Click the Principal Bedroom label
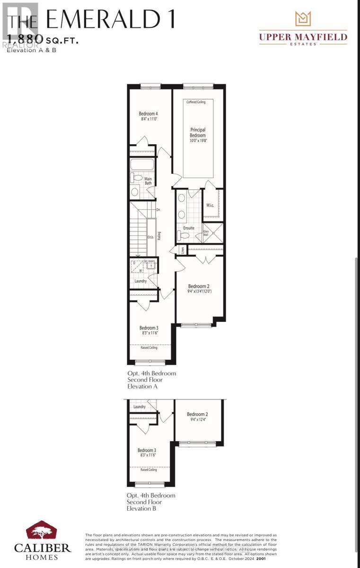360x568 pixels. coord(198,133)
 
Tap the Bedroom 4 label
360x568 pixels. coord(148,114)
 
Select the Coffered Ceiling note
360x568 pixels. coord(196,102)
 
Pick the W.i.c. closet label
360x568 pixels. coord(211,205)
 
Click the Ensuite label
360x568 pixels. coord(189,228)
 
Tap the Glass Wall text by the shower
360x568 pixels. coord(206,233)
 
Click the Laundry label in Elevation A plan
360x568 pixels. coord(140,281)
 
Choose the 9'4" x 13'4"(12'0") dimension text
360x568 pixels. coord(199,292)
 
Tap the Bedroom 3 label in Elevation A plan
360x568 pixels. coord(149,328)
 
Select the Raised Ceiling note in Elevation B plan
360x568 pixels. coord(149,470)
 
